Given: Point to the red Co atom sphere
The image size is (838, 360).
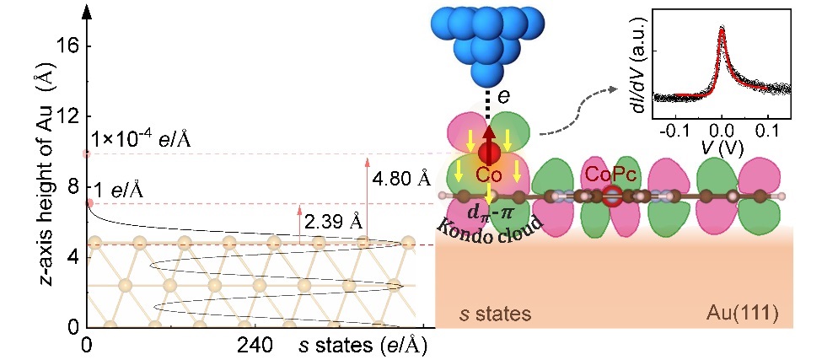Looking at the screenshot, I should [487, 153].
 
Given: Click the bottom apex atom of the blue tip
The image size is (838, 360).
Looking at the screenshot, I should [487, 78].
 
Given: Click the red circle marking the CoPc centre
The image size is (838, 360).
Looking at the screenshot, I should [612, 196].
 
